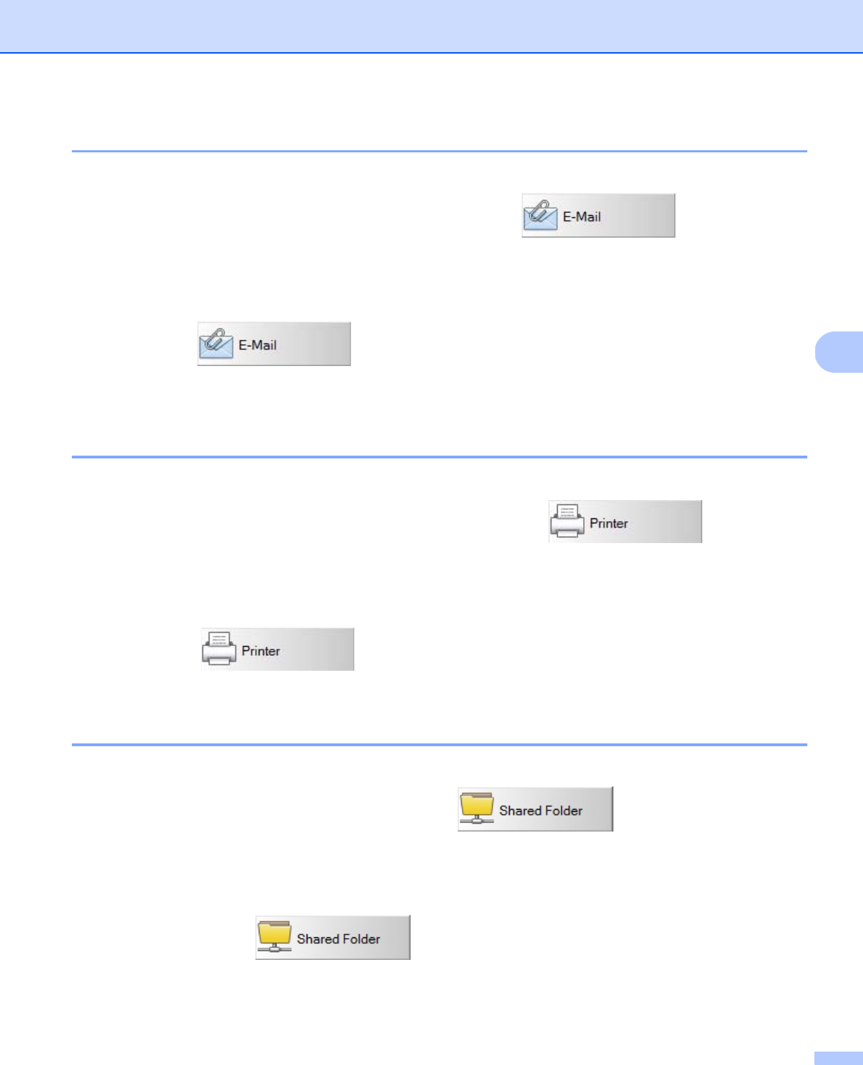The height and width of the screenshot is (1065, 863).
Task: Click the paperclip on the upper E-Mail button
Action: pyautogui.click(x=541, y=209)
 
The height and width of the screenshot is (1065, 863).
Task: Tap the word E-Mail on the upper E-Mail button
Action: pyautogui.click(x=582, y=217)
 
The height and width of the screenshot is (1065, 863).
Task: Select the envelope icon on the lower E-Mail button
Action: pyautogui.click(x=216, y=346)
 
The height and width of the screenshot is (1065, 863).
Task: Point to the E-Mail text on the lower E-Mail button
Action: pyautogui.click(x=257, y=346)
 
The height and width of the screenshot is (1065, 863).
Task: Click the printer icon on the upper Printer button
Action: pyautogui.click(x=568, y=523)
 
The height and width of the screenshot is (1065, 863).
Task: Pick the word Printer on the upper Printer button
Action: pyautogui.click(x=608, y=523)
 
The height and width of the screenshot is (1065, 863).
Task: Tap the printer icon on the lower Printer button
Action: pyautogui.click(x=219, y=650)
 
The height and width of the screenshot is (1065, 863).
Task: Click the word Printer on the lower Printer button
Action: pyautogui.click(x=261, y=651)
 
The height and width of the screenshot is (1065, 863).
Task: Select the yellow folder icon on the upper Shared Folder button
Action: pyautogui.click(x=477, y=807)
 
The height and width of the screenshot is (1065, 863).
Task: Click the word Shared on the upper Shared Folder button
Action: pyautogui.click(x=520, y=811)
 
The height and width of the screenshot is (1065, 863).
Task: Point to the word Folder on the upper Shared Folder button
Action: pyautogui.click(x=564, y=811)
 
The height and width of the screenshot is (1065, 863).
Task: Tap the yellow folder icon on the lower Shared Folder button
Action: pyautogui.click(x=274, y=935)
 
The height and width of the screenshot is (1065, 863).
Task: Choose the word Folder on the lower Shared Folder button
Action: pyautogui.click(x=362, y=939)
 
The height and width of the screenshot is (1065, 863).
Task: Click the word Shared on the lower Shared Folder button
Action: pyautogui.click(x=318, y=939)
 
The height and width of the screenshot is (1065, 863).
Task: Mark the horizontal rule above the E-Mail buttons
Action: pyautogui.click(x=439, y=151)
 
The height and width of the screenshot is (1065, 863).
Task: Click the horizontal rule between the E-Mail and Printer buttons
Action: pyautogui.click(x=439, y=457)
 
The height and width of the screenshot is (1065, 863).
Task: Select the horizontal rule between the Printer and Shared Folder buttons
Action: pyautogui.click(x=439, y=745)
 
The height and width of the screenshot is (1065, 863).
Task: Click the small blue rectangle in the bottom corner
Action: pyautogui.click(x=838, y=1058)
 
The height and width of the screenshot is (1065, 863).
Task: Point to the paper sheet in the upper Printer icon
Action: pyautogui.click(x=568, y=512)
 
